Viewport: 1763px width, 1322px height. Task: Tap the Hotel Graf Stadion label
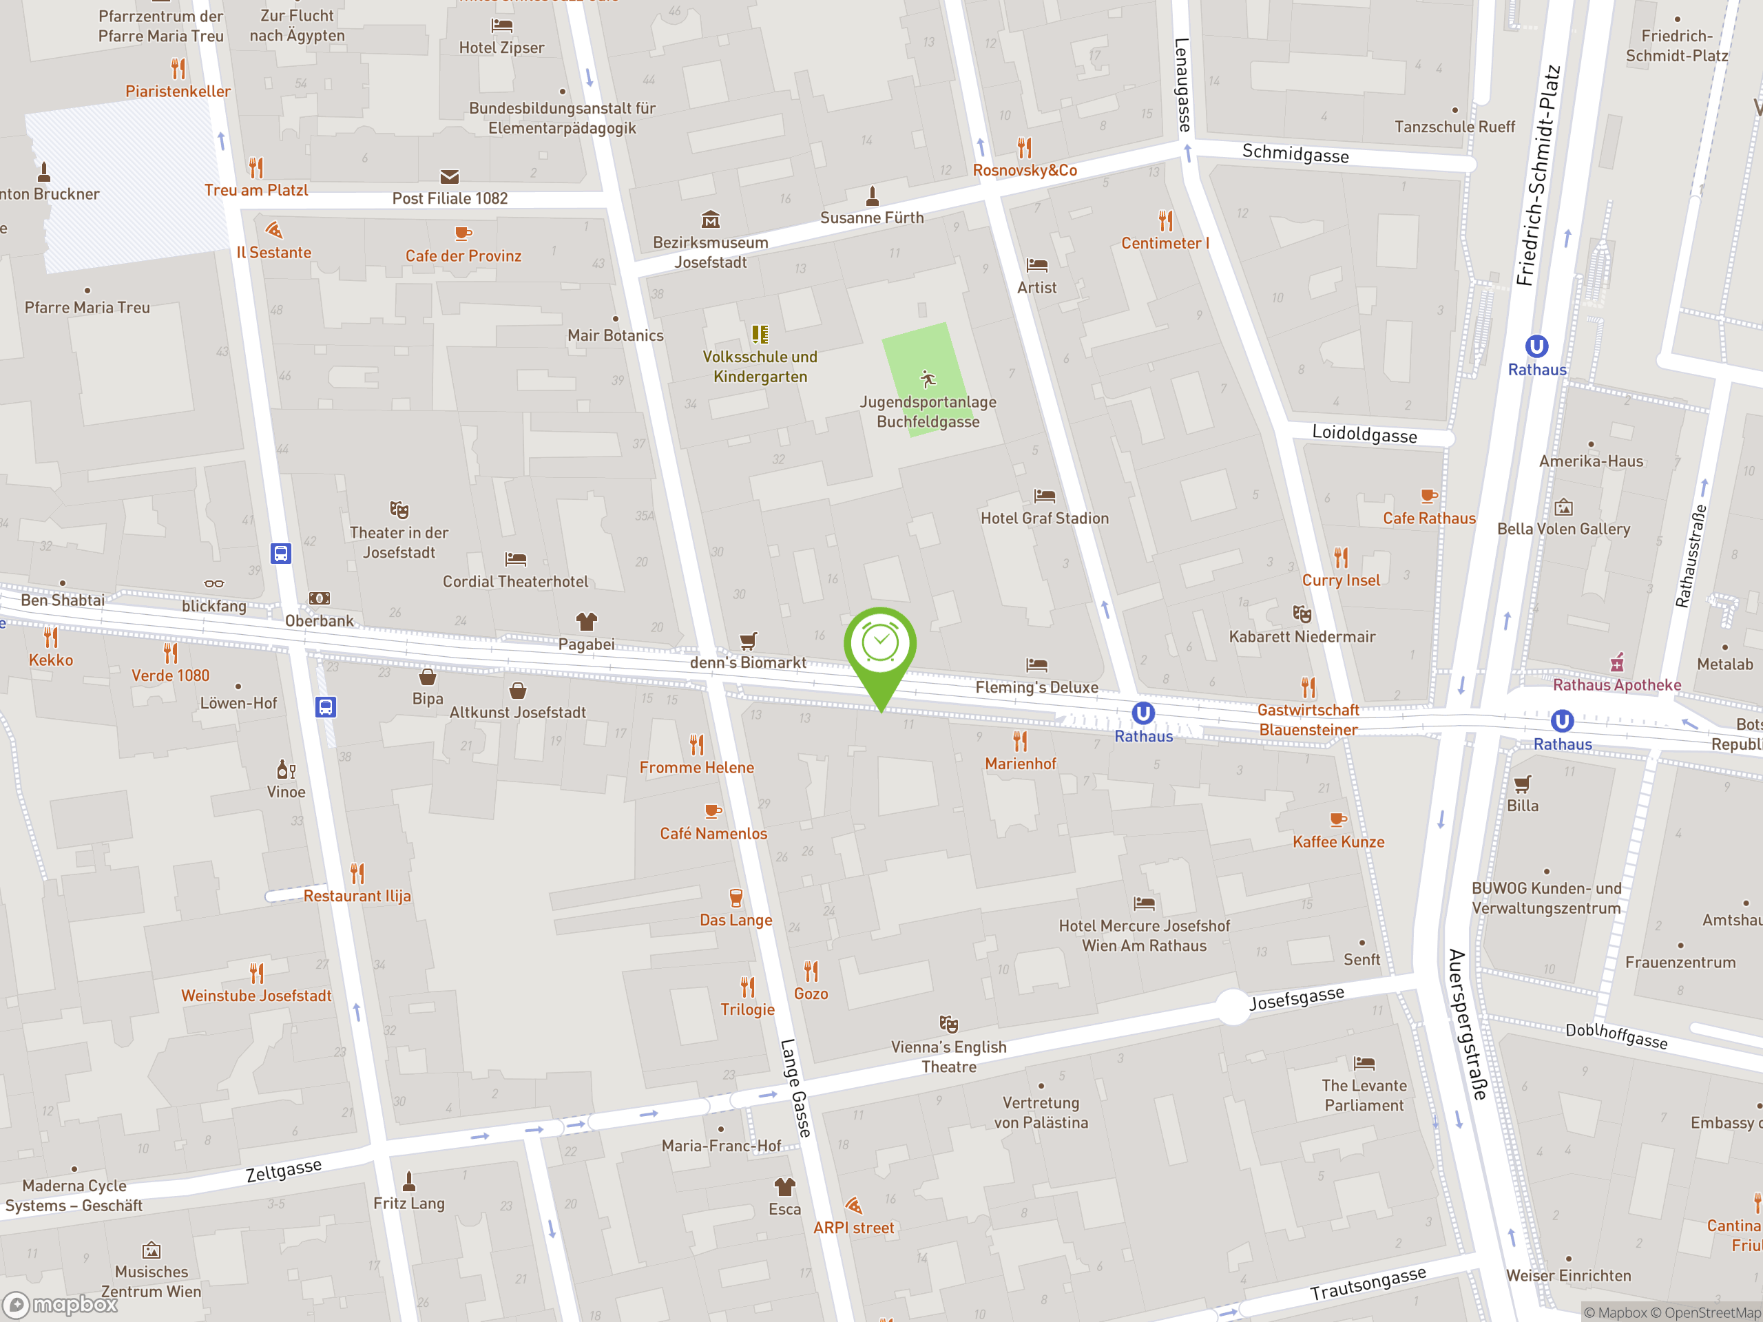1044,518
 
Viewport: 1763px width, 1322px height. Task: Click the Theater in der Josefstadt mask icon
399,510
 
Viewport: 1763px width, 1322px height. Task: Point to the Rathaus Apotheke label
1616,684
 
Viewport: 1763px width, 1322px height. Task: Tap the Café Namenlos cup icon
713,811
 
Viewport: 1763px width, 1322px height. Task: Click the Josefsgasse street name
1296,997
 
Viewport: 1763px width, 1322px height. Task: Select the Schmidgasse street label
1295,153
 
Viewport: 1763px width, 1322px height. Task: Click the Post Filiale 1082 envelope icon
450,176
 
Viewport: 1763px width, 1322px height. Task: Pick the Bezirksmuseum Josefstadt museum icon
710,219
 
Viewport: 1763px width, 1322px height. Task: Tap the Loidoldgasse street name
1364,434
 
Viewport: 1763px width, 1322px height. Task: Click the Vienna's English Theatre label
948,1057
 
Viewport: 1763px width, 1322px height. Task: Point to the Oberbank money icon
320,598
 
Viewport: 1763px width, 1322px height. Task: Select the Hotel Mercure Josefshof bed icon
1144,903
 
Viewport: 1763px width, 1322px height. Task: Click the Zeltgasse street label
284,1170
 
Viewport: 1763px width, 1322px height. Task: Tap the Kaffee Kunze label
1338,841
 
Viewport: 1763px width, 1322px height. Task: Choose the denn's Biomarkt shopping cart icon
748,640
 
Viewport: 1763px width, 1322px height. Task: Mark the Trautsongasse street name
1368,1283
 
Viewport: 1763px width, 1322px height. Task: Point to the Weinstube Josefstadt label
256,995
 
